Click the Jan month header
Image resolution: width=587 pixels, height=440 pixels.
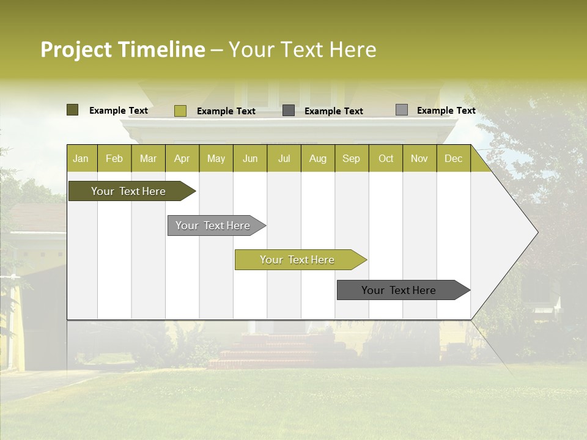click(x=81, y=158)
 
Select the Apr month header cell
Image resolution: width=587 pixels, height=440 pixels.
click(x=182, y=158)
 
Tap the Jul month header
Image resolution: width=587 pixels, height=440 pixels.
click(x=284, y=158)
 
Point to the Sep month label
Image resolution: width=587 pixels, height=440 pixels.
click(x=351, y=158)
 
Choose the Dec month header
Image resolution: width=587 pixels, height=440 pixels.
click(x=453, y=158)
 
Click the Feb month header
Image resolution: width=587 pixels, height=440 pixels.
click(x=114, y=158)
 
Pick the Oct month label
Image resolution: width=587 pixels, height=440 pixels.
click(x=386, y=158)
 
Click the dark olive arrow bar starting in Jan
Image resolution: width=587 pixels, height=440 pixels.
click(x=128, y=191)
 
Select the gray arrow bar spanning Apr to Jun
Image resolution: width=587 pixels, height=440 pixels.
click(x=213, y=226)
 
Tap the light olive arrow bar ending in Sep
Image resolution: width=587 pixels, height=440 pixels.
click(x=297, y=260)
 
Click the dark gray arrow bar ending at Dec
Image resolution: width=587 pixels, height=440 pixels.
click(x=399, y=290)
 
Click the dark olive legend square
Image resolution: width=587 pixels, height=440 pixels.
click(x=72, y=110)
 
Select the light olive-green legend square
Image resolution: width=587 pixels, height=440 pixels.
click(x=180, y=111)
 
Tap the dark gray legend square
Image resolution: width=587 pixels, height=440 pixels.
click(x=289, y=111)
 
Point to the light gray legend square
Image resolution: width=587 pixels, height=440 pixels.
click(x=401, y=110)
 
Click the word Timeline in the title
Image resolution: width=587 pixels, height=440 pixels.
click(x=161, y=50)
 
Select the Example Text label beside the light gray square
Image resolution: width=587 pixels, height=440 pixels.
click(x=446, y=111)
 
